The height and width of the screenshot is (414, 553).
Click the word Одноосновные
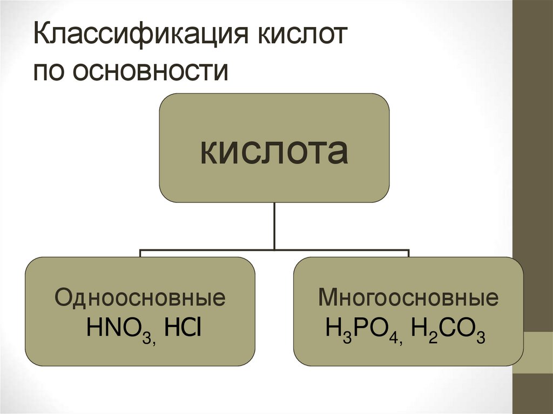coord(140,298)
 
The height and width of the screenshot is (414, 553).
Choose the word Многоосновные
coord(408,298)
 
